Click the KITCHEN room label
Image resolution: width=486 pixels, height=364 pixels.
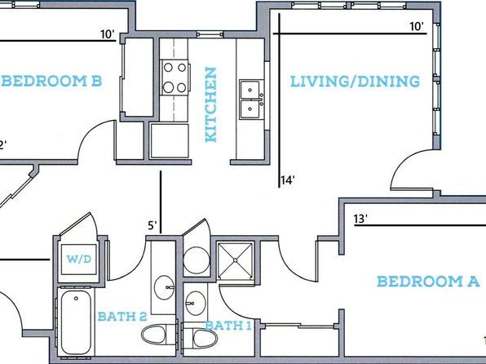coord(210,105)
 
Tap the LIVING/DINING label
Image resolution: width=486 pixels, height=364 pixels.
coord(356,82)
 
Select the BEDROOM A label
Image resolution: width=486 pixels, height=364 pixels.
coord(428,282)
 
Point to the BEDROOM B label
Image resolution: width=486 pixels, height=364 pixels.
coord(51,81)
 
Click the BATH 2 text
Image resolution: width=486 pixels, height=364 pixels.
coord(122,317)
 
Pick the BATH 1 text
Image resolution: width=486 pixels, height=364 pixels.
coord(228,326)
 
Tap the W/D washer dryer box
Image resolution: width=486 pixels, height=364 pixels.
coord(79,260)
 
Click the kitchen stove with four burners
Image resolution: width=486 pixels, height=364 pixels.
coord(175,78)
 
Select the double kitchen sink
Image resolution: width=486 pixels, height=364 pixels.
coord(252,100)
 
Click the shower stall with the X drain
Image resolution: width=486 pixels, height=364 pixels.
coord(236,260)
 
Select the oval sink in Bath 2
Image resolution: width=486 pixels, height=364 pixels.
coord(164,287)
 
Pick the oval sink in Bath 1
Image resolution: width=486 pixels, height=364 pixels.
coord(195,303)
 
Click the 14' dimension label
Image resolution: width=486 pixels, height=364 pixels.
coord(287,180)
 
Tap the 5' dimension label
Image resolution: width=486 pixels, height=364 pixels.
coord(152,225)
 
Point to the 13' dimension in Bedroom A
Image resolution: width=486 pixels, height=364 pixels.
coord(360,219)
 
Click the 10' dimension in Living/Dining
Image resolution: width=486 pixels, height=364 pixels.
coord(417,27)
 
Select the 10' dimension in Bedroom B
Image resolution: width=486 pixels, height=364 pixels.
coord(108,34)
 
